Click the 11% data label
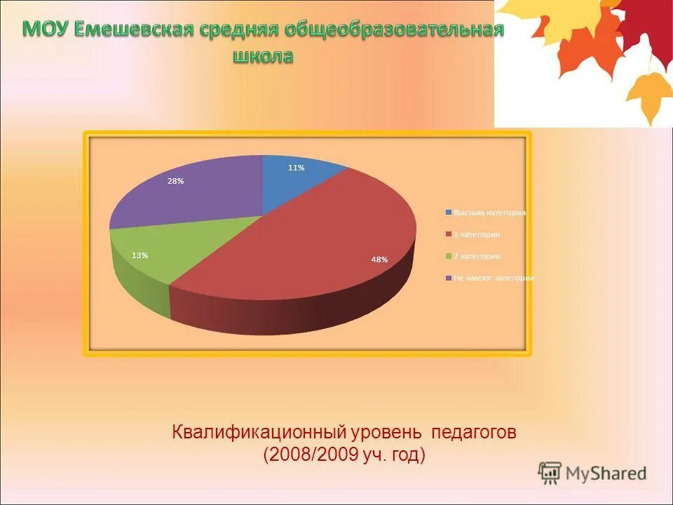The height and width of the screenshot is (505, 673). tap(296, 168)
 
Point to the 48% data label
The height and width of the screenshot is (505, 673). tap(379, 260)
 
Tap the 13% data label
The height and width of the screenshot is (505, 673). tap(140, 255)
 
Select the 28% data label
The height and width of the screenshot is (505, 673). tap(175, 181)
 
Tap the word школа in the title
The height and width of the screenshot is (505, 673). tap(262, 56)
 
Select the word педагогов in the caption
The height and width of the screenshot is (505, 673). tap(474, 431)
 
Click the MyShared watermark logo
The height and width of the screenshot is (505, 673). tap(592, 473)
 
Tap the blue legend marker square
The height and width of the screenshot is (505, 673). tap(448, 213)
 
